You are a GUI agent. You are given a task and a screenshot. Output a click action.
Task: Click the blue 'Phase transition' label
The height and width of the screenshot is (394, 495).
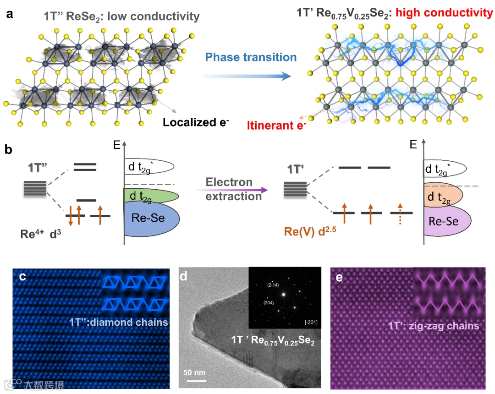tap(251, 58)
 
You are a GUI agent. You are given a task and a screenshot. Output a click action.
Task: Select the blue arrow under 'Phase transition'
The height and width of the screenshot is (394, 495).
tap(247, 76)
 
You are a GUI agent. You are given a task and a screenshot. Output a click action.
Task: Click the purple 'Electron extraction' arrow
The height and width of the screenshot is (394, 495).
tap(234, 188)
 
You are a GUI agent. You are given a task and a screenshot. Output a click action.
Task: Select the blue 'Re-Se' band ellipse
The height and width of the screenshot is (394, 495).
tap(152, 219)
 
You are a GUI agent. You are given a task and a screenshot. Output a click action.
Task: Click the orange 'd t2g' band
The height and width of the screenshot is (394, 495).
tap(442, 197)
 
